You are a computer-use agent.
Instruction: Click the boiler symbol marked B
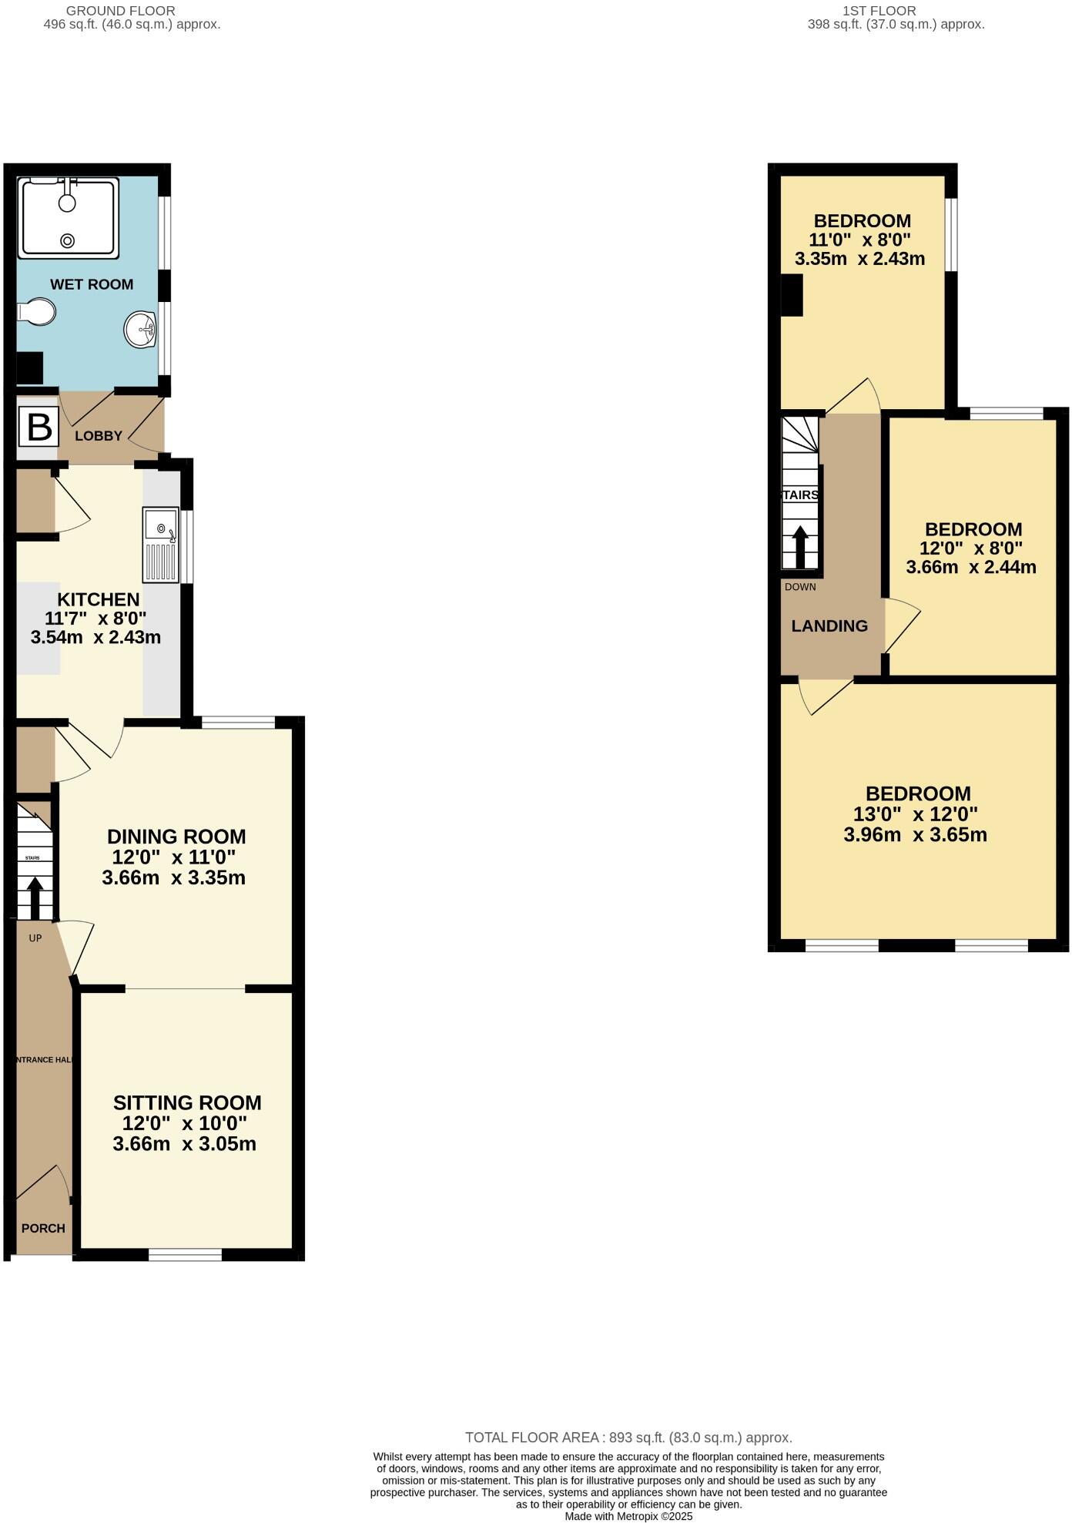point(39,427)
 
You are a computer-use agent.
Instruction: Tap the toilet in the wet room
point(37,313)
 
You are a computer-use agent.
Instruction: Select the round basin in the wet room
point(140,330)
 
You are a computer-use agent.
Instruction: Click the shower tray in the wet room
point(69,218)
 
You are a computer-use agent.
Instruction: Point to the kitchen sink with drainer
point(160,544)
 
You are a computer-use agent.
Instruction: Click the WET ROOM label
point(92,284)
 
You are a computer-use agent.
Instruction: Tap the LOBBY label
point(98,436)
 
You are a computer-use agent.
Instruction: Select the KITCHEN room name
point(98,599)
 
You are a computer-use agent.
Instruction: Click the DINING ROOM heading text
point(176,837)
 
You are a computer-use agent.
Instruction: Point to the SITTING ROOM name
point(187,1102)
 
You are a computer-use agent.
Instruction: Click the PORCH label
point(43,1228)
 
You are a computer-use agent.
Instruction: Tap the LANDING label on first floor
point(829,626)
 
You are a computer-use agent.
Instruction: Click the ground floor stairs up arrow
point(35,898)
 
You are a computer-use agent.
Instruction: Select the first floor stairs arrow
point(800,546)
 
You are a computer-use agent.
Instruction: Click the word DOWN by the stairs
point(800,587)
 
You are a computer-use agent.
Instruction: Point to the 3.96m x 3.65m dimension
point(915,835)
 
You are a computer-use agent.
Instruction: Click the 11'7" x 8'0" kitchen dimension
point(95,618)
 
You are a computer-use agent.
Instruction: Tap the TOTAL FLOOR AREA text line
point(628,1437)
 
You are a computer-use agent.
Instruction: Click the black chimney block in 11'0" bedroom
point(792,295)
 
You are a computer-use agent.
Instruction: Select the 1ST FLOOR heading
point(879,11)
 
